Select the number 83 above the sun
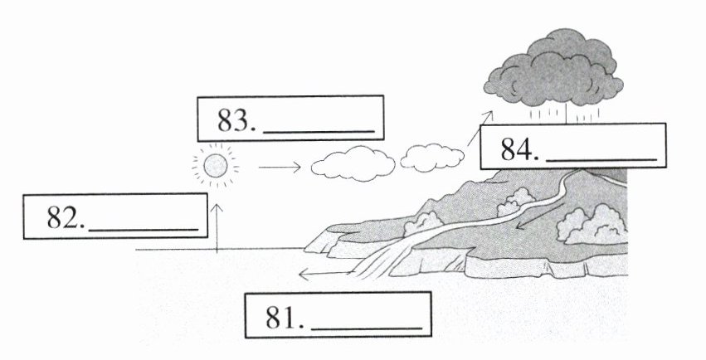[x=236, y=121]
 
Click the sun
[x=215, y=165]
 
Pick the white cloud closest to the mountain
[x=431, y=158]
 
